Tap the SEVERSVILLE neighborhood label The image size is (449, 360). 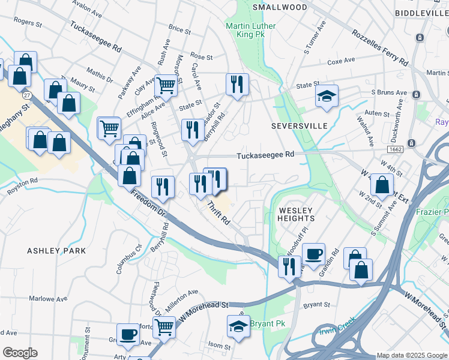299,126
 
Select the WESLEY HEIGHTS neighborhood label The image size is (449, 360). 295,214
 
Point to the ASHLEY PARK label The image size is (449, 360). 56,250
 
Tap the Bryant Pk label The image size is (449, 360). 268,323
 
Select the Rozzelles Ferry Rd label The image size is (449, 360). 379,48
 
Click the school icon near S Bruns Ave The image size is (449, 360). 327,95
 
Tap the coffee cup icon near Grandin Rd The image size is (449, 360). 313,253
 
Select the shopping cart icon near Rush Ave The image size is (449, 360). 166,85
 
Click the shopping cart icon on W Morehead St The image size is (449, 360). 164,326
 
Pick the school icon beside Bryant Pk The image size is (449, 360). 238,326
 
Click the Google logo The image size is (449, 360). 20,352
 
